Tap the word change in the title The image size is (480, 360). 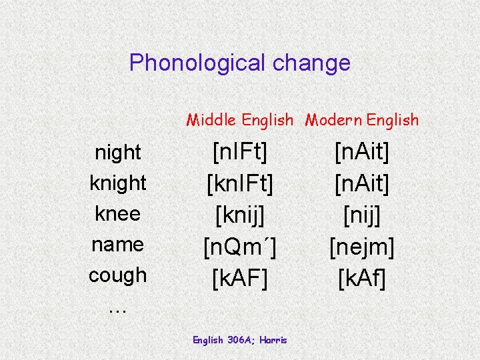[315, 63]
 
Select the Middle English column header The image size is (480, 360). [239, 120]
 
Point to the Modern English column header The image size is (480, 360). [362, 120]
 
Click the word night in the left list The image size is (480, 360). [118, 153]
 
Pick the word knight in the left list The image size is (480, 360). [118, 183]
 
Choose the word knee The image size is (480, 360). [118, 213]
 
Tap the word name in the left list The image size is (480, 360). [118, 244]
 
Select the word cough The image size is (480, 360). [118, 275]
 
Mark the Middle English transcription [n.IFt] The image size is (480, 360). [239, 153]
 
